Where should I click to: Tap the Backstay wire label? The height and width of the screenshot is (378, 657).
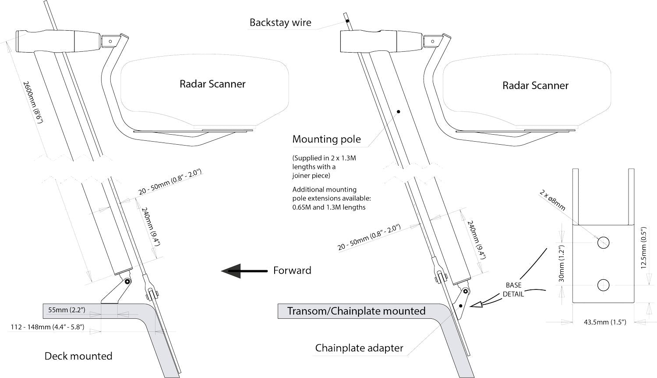[280, 23]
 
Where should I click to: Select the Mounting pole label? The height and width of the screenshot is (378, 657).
[327, 139]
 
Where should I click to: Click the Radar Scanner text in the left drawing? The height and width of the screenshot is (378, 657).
[212, 84]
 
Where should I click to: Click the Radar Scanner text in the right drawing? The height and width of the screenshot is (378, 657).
[535, 86]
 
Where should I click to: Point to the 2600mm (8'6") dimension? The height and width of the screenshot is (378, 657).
[32, 102]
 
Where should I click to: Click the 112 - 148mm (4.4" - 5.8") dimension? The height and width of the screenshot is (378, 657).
[47, 327]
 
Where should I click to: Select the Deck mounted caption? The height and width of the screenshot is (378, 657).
[78, 356]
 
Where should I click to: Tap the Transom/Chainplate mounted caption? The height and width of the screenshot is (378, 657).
[356, 311]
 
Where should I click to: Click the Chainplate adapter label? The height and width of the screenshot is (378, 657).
[359, 348]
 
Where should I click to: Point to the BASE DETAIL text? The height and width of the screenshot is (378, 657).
[513, 289]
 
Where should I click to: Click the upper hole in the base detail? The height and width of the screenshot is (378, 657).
[603, 242]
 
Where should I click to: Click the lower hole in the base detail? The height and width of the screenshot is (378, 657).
[603, 285]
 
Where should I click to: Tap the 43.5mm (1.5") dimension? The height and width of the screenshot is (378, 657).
[605, 322]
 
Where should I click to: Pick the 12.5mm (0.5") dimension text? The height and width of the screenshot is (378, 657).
[643, 248]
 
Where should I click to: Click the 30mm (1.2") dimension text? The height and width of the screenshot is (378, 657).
[562, 264]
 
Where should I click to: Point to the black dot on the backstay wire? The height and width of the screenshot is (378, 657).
[347, 21]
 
